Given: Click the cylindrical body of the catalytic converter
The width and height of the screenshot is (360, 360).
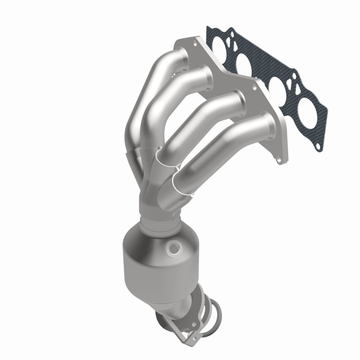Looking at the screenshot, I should point(157,270).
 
